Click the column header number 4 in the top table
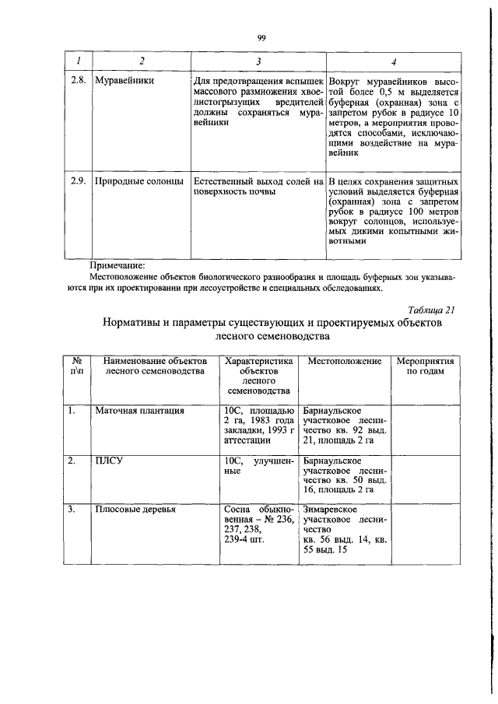(394, 61)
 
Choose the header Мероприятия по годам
(426, 367)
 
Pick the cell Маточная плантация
(139, 409)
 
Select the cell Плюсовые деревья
(135, 510)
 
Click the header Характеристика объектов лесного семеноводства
(258, 377)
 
